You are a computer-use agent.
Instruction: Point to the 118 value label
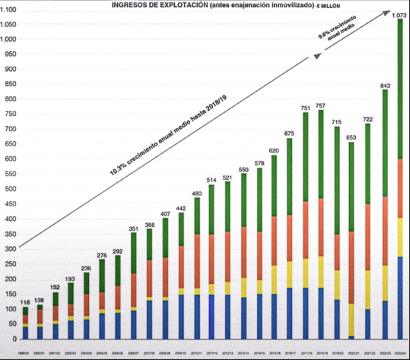point(26,302)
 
